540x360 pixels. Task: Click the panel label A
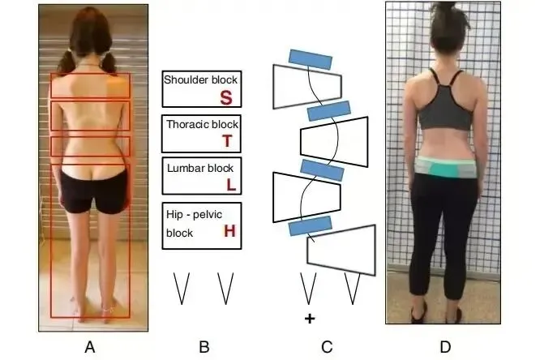(90, 348)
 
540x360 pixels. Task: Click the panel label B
(204, 348)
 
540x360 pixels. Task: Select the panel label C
(327, 348)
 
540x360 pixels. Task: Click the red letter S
(226, 98)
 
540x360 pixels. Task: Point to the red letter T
(227, 141)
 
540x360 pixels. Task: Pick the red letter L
(231, 184)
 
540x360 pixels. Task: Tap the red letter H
(229, 232)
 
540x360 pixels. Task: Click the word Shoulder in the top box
(185, 80)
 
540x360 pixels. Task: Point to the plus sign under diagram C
(309, 319)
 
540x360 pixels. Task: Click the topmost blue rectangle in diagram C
(310, 58)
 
